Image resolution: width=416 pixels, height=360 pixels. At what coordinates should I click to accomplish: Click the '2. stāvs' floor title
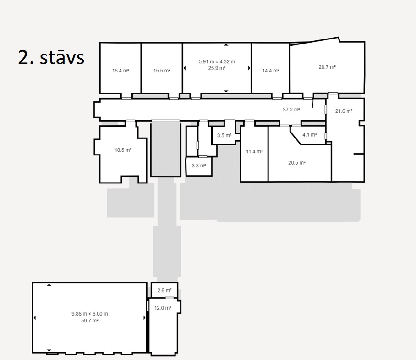[x=51, y=57]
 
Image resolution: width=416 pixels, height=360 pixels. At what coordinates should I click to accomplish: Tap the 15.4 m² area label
[x=120, y=71]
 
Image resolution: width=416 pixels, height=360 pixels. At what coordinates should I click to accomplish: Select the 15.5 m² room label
[x=162, y=71]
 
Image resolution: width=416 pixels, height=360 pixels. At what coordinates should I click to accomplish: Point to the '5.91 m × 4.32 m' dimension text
[x=217, y=61]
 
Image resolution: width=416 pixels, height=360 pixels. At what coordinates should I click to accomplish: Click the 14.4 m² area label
[x=271, y=71]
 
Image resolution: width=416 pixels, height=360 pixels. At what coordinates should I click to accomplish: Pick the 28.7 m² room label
[x=327, y=67]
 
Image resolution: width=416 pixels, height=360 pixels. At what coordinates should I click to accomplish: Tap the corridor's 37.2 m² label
[x=291, y=110]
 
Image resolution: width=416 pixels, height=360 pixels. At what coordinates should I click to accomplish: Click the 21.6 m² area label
[x=344, y=111]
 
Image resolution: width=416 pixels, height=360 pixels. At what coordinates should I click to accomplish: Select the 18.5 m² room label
[x=123, y=150]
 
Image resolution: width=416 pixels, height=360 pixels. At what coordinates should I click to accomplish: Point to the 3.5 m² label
[x=224, y=135]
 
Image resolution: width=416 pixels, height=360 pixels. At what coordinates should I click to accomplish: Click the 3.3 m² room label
[x=199, y=166]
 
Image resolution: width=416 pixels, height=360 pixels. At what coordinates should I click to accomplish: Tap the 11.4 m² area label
[x=254, y=151]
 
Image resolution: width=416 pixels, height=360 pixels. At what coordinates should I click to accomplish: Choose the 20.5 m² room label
[x=297, y=163]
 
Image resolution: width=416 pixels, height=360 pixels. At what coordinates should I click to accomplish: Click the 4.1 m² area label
[x=310, y=135]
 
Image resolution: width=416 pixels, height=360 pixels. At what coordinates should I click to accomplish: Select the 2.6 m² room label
[x=164, y=290]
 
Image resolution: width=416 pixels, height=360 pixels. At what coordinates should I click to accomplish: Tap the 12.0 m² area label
[x=163, y=308]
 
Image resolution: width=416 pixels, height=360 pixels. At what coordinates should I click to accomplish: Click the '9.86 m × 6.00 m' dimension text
[x=90, y=314]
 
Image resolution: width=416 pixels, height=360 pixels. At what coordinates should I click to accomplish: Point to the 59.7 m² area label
[x=90, y=321]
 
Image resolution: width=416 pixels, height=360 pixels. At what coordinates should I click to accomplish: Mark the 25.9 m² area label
[x=217, y=68]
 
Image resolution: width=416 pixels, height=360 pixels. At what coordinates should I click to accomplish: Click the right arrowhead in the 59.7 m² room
[x=145, y=318]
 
